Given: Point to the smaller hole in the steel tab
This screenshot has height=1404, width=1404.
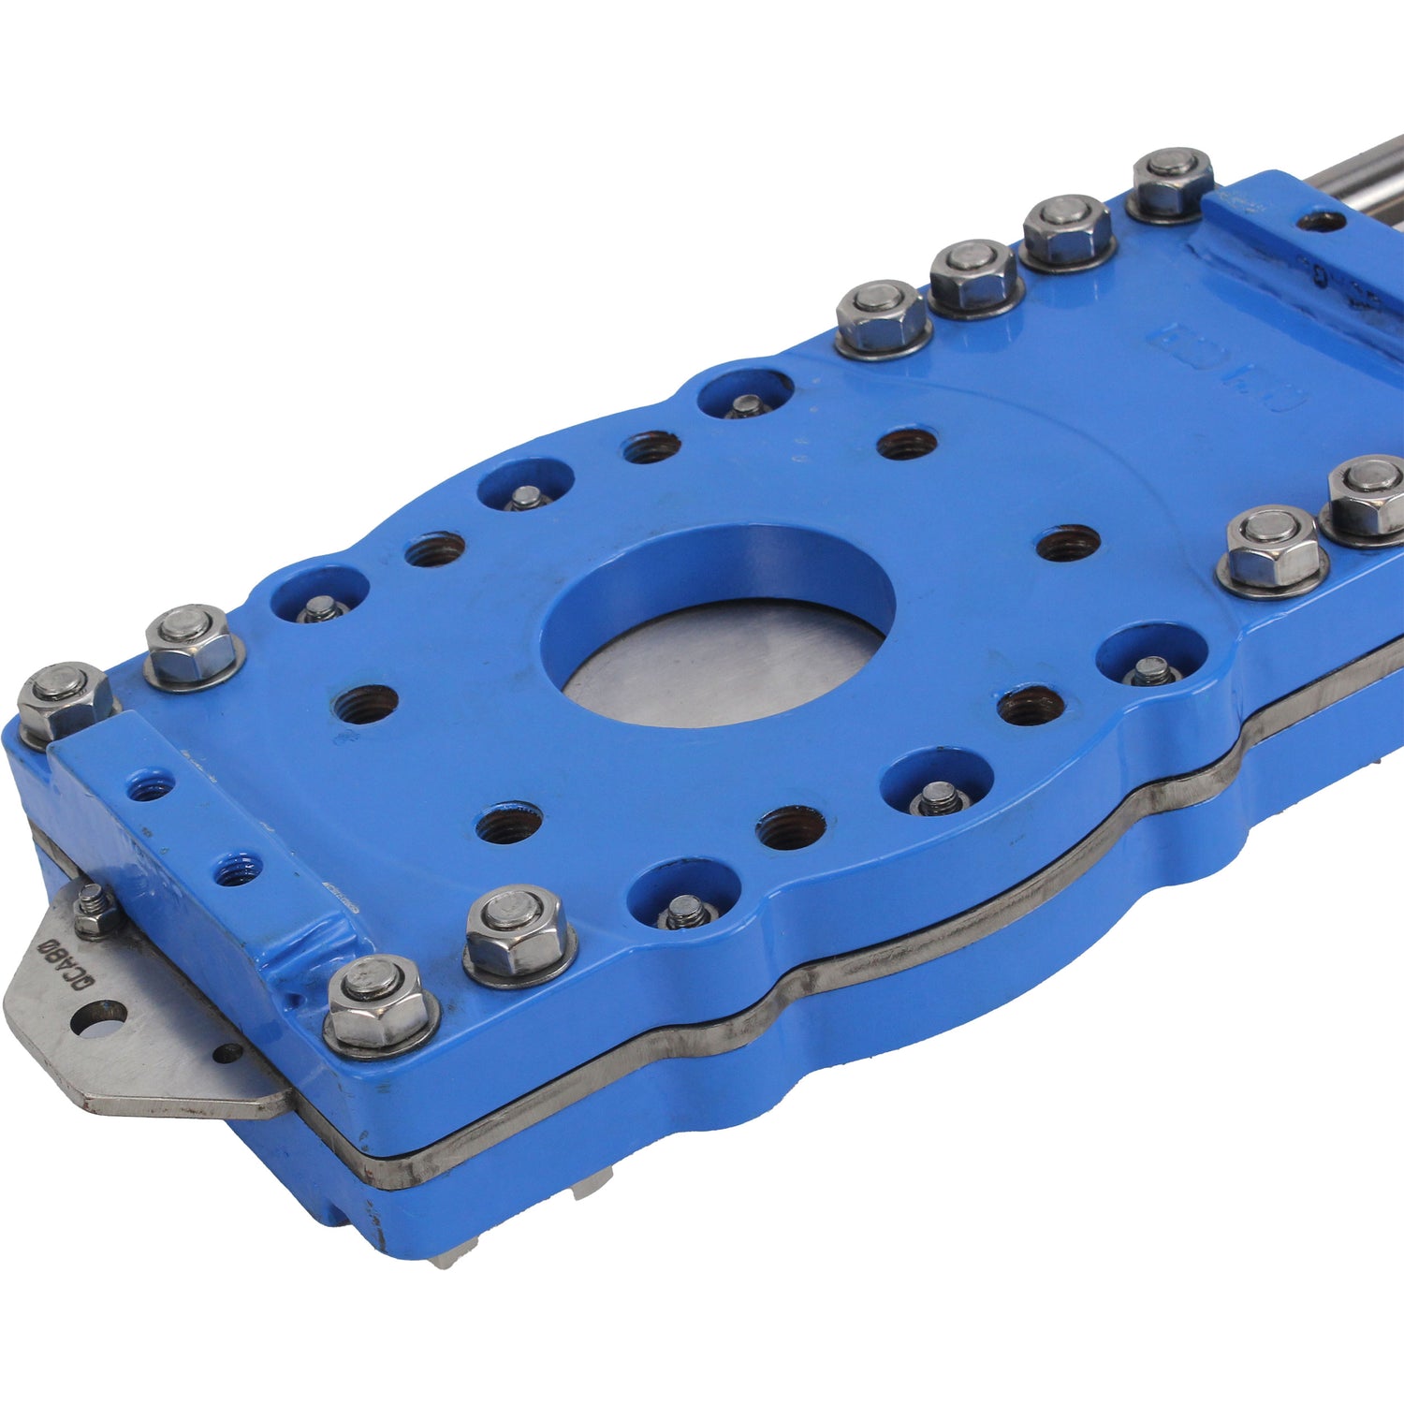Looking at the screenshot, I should click(227, 1053).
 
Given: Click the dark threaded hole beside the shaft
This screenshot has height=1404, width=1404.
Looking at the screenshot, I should click(1323, 223).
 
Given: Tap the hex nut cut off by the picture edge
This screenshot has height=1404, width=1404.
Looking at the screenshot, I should click(1367, 496).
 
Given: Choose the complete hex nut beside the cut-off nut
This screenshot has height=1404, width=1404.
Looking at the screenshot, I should click(1273, 552).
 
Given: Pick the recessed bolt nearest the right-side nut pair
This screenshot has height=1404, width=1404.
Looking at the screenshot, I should click(1150, 669).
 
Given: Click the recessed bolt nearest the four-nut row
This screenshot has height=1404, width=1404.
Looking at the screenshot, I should click(746, 405).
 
